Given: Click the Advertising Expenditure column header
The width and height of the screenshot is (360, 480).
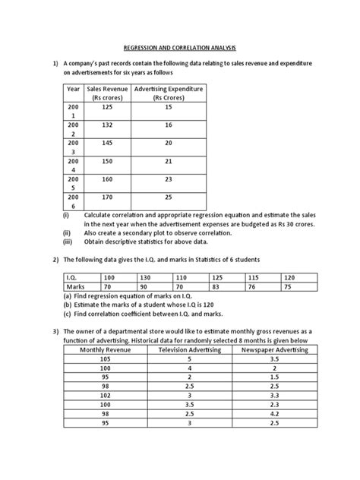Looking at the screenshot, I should point(168,93).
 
